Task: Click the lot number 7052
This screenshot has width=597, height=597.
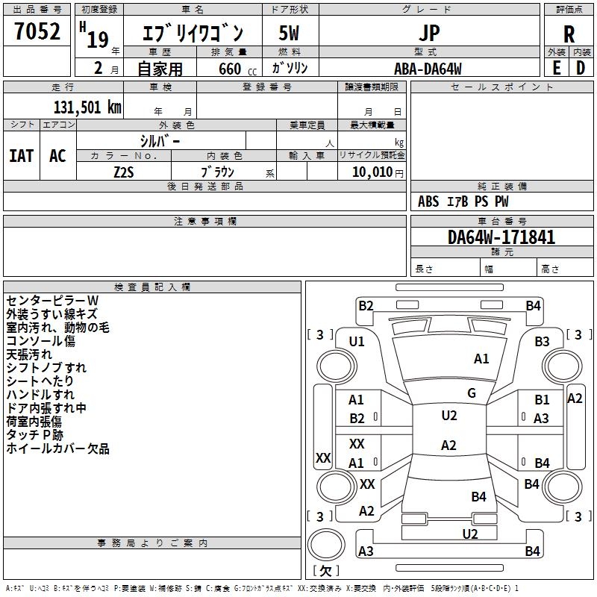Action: (x=37, y=31)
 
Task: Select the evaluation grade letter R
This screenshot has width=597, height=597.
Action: (x=569, y=34)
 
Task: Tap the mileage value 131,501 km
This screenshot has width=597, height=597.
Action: (x=87, y=107)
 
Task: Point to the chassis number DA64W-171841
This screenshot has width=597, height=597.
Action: (x=501, y=237)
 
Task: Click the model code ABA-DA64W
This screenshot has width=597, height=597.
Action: (x=428, y=69)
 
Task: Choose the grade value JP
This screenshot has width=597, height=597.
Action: (x=429, y=33)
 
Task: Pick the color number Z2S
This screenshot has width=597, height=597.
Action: (x=124, y=172)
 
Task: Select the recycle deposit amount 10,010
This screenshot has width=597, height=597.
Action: (x=372, y=172)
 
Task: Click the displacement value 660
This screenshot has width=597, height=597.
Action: (x=230, y=69)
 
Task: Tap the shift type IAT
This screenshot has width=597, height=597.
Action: (x=22, y=155)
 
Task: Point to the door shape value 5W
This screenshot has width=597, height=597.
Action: (x=289, y=33)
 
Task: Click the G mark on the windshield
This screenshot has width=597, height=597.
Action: (x=472, y=393)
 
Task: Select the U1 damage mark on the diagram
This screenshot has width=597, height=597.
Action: (x=357, y=342)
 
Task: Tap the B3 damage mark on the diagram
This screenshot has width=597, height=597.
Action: (x=542, y=341)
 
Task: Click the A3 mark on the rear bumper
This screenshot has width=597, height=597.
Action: (x=366, y=551)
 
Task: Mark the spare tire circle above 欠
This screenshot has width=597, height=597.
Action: (x=326, y=545)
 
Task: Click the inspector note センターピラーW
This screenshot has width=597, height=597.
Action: (x=52, y=301)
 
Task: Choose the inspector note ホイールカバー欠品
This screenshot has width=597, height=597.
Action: (x=58, y=448)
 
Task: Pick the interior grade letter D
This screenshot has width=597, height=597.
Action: (x=581, y=68)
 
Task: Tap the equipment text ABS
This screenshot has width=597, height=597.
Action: (x=428, y=201)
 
